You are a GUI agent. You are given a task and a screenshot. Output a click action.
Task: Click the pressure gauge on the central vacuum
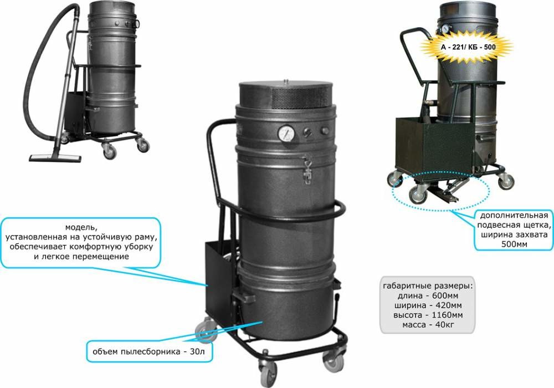coord(286,134)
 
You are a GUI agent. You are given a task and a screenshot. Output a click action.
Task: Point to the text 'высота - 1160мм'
coord(428,314)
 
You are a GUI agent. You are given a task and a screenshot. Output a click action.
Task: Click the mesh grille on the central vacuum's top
coord(301,98)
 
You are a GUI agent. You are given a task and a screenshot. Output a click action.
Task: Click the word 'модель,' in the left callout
coord(80,227)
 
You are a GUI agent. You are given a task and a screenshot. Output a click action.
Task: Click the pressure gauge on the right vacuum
coord(445,28)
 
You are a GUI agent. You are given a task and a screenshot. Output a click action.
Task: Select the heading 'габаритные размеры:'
coord(428,285)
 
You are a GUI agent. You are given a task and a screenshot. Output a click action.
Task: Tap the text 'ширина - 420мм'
coord(428,305)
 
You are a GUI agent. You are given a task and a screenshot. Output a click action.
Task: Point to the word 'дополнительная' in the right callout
coord(514,215)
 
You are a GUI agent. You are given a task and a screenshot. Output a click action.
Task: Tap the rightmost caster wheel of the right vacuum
coord(506,181)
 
